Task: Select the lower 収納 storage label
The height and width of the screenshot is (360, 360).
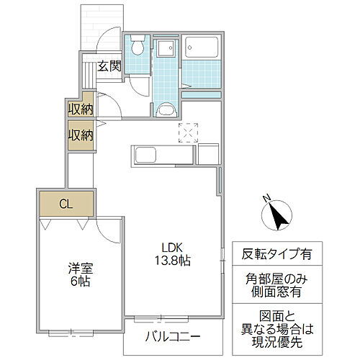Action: [x=80, y=135]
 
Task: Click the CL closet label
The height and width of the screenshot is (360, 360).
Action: [x=65, y=204]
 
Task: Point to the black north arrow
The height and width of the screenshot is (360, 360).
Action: [x=278, y=214]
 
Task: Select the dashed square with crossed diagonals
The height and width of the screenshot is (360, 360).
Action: [x=187, y=132]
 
